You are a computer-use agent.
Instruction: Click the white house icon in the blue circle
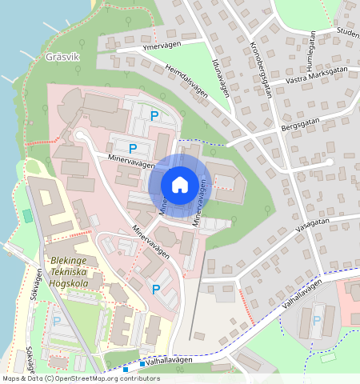pyautogui.click(x=180, y=185)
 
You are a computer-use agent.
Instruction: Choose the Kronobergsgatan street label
pyautogui.click(x=261, y=68)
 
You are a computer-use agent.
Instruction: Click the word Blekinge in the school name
pyautogui.click(x=71, y=261)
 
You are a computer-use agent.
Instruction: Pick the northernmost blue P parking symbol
pyautogui.click(x=154, y=116)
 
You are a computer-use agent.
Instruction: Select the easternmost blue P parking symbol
pyautogui.click(x=317, y=320)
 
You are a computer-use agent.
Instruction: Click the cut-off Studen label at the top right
pyautogui.click(x=348, y=33)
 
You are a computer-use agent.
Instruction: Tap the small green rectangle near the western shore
pyautogui.click(x=28, y=215)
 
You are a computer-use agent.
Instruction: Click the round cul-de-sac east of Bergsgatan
pyautogui.click(x=329, y=162)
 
